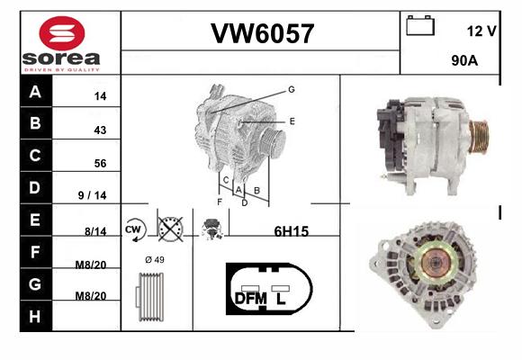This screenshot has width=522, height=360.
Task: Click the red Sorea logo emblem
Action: pyautogui.click(x=62, y=33)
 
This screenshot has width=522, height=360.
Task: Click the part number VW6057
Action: pyautogui.click(x=262, y=33)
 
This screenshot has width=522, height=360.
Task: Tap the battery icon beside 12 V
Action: pyautogui.click(x=420, y=25)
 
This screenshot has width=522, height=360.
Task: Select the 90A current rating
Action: pyautogui.click(x=464, y=60)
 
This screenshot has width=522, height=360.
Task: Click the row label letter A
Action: pyautogui.click(x=35, y=92)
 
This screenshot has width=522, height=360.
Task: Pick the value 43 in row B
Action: pyautogui.click(x=100, y=130)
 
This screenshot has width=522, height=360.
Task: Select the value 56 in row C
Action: pyautogui.click(x=100, y=163)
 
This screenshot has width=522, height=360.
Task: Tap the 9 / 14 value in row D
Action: pyautogui.click(x=92, y=195)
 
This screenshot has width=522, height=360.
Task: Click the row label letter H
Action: pyautogui.click(x=35, y=317)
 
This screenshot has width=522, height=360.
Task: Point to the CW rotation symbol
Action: pyautogui.click(x=134, y=229)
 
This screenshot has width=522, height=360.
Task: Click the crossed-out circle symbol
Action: pyautogui.click(x=170, y=229)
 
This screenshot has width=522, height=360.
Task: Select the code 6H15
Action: pyautogui.click(x=292, y=231)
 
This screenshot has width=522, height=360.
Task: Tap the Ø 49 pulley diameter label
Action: pyautogui.click(x=155, y=259)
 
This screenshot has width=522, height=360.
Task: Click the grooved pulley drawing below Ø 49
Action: pyautogui.click(x=149, y=297)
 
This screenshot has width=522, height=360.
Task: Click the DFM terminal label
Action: pyautogui.click(x=251, y=299)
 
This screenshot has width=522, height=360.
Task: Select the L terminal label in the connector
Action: pyautogui.click(x=281, y=299)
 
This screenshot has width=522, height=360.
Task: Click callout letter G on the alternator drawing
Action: pyautogui.click(x=292, y=89)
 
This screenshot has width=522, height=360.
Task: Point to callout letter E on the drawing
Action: pyautogui.click(x=292, y=121)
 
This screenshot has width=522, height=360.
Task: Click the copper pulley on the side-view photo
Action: pyautogui.click(x=479, y=136)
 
